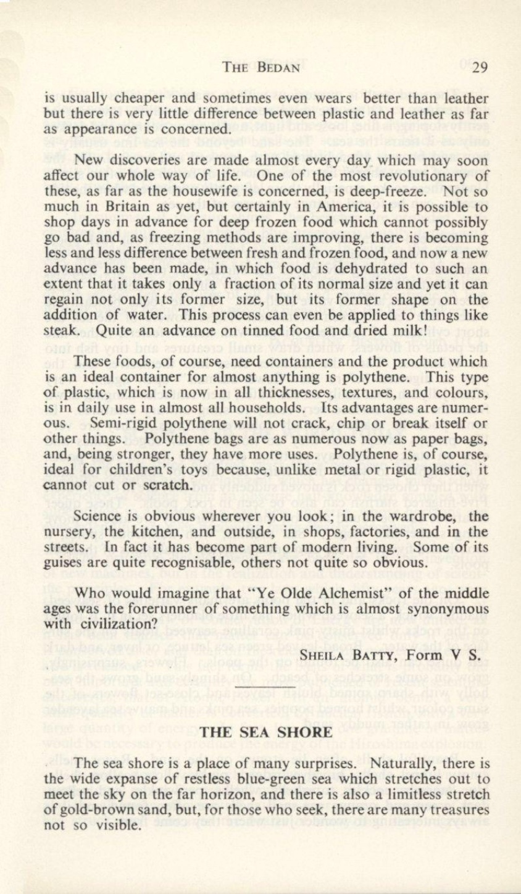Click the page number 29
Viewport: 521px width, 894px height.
pos(479,68)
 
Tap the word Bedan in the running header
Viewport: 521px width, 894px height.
pos(275,69)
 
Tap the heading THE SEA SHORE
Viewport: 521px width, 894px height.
pos(265,733)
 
